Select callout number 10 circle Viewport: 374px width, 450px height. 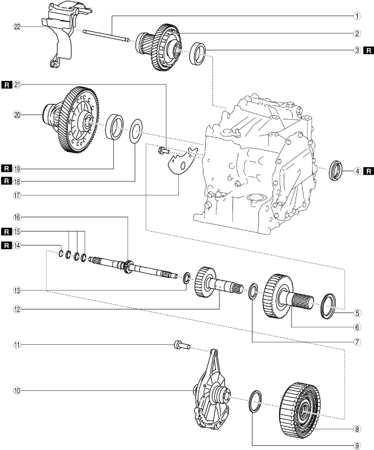pyautogui.click(x=19, y=390)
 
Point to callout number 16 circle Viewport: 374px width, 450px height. pyautogui.click(x=19, y=217)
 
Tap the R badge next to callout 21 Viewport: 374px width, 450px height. pyautogui.click(x=6, y=84)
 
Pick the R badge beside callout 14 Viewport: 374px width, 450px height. pyautogui.click(x=6, y=244)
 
